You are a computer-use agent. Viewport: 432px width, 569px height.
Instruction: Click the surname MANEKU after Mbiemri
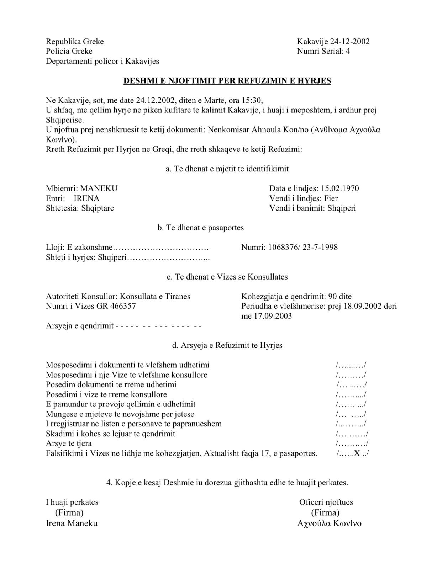coord(99,188)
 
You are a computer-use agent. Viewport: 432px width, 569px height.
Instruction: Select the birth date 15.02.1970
coord(340,188)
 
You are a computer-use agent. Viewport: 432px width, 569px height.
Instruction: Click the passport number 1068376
coord(283,247)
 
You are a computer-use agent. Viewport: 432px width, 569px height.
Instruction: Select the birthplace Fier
coord(331,198)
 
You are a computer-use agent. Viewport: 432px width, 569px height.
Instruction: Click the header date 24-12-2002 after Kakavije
coord(349,42)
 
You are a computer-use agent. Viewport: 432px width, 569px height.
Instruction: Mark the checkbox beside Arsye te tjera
coord(352,443)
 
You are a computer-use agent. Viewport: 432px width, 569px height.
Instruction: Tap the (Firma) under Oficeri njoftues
coord(325,512)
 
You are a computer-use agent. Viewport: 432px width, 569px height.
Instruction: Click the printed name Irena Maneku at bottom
coord(72,523)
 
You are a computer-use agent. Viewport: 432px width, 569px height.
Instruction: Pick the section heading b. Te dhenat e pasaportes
coord(201,228)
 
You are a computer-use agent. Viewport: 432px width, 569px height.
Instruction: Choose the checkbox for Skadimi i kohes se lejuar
coord(352,434)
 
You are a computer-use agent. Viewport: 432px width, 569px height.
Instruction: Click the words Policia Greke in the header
coord(69,51)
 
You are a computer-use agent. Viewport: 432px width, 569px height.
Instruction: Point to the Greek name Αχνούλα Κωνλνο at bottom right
coord(329,523)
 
